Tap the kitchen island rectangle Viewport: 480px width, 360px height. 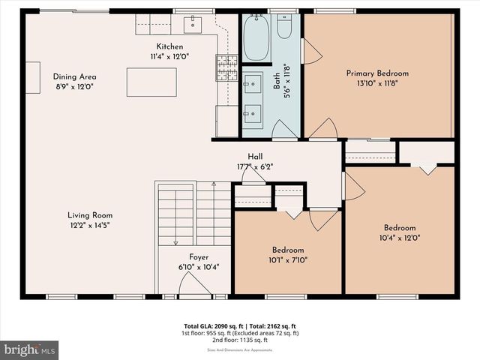click(151, 82)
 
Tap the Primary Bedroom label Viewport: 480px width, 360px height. click(377, 73)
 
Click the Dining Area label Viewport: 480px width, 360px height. click(74, 76)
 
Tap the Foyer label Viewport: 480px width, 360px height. click(199, 257)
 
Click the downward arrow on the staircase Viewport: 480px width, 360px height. click(175, 239)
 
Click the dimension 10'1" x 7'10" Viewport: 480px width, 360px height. click(288, 260)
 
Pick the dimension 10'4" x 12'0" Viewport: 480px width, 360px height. click(400, 238)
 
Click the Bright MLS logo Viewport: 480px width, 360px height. click(30, 349)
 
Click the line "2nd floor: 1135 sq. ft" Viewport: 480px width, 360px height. click(240, 339)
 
